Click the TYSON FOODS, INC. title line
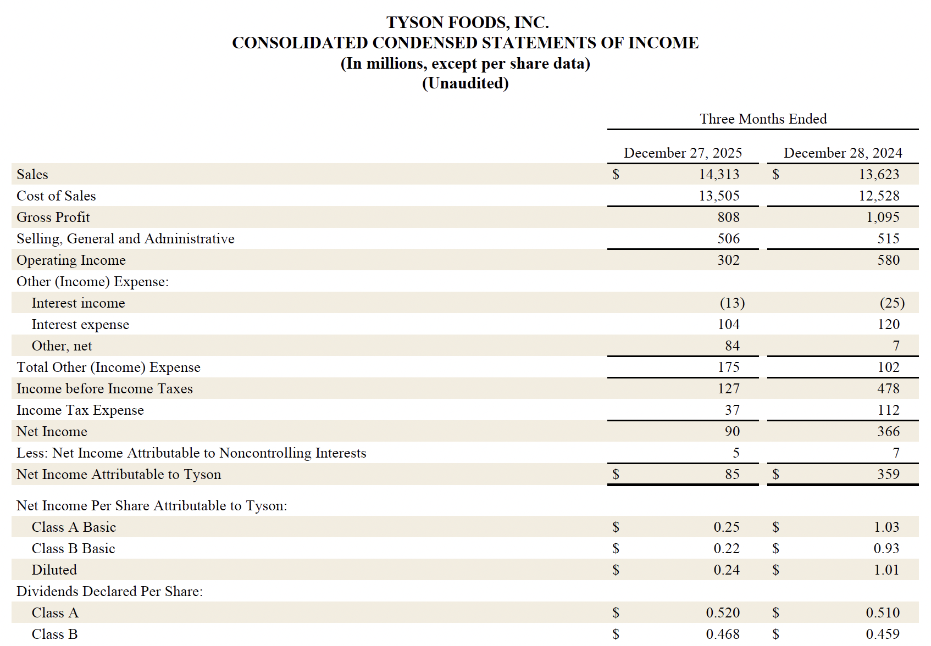pos(467,23)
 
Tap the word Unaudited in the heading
pos(465,83)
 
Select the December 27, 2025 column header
pos(683,153)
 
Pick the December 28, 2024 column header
pos(843,153)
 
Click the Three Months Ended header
pos(763,119)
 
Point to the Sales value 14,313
pos(719,175)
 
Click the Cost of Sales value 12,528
pos(879,196)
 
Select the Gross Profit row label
pos(53,218)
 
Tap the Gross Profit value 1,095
pos(883,218)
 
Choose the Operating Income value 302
pos(728,260)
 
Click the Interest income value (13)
pos(732,303)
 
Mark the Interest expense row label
pos(80,325)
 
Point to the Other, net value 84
pos(732,346)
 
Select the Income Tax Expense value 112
pos(888,410)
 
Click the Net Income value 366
pos(888,432)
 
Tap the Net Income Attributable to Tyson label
pos(119,475)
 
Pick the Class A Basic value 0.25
pos(726,527)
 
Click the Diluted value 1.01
pos(886,570)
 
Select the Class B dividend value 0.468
pos(723,634)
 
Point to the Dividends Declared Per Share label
pos(109,592)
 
